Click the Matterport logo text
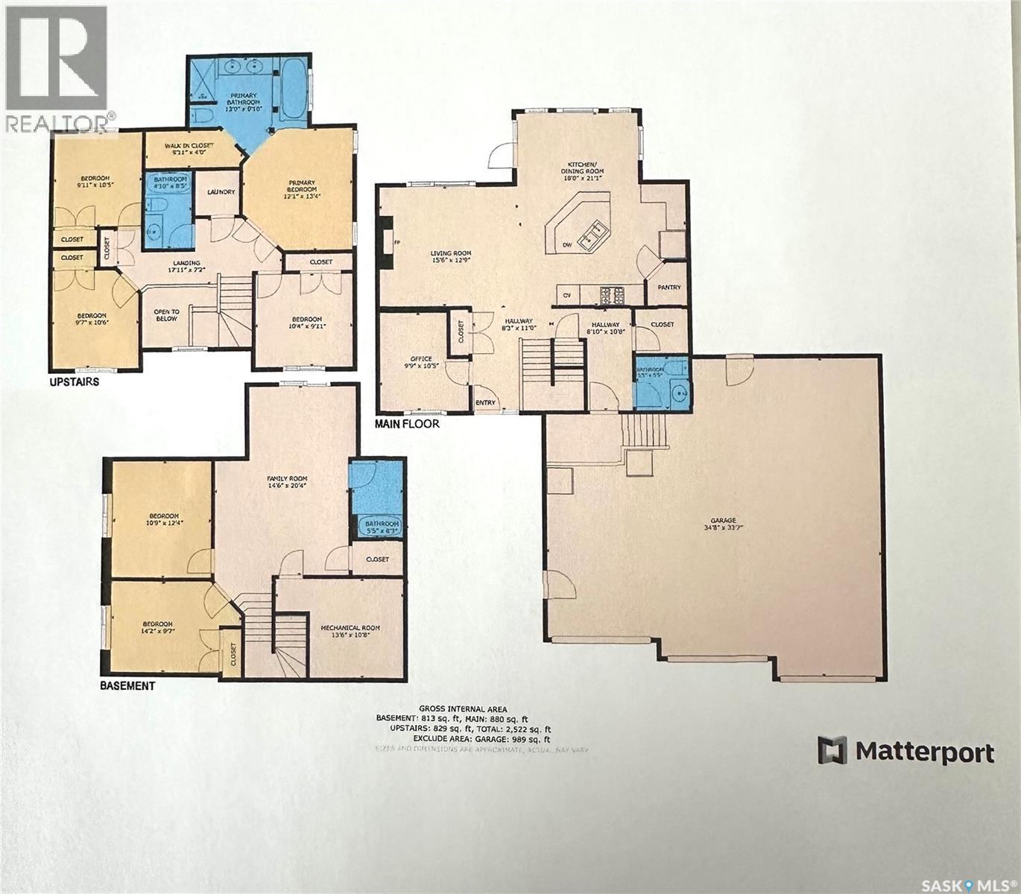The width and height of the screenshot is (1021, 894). [x=924, y=752]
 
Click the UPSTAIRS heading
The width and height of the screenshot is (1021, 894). [x=74, y=381]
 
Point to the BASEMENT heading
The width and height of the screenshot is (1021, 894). [x=127, y=685]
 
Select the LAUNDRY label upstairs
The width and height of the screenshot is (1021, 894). [x=221, y=192]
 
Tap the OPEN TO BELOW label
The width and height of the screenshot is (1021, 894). [x=166, y=316]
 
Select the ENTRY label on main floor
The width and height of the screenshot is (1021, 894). [x=485, y=403]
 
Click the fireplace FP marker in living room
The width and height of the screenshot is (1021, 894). [x=397, y=242]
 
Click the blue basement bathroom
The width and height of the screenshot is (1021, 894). [x=377, y=498]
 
